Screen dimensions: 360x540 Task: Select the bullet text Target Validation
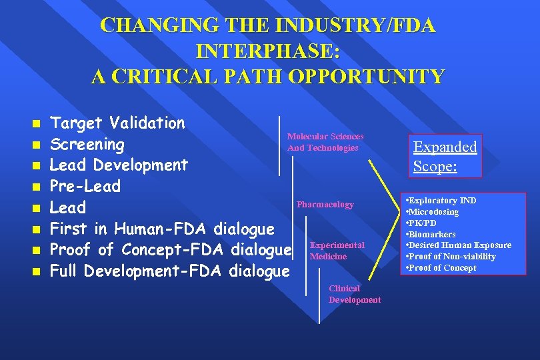point(118,123)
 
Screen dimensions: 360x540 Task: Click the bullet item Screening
point(87,144)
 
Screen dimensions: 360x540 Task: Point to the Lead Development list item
point(119,165)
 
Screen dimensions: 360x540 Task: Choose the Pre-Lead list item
point(85,186)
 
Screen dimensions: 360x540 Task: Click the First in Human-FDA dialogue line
point(162,229)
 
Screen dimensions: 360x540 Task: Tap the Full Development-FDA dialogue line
point(170,271)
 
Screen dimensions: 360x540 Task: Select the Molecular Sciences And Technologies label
point(325,142)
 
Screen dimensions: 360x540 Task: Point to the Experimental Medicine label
point(337,251)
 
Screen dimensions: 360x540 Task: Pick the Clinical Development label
point(354,294)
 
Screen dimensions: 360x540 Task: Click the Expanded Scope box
point(445,156)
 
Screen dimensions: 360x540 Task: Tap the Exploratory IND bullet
point(443,201)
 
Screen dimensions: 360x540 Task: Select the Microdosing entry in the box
point(433,212)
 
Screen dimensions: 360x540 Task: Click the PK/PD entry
point(423,223)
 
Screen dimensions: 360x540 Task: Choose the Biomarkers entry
point(432,235)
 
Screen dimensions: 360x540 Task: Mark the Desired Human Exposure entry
point(460,245)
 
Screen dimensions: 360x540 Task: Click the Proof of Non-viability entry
point(452,257)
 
